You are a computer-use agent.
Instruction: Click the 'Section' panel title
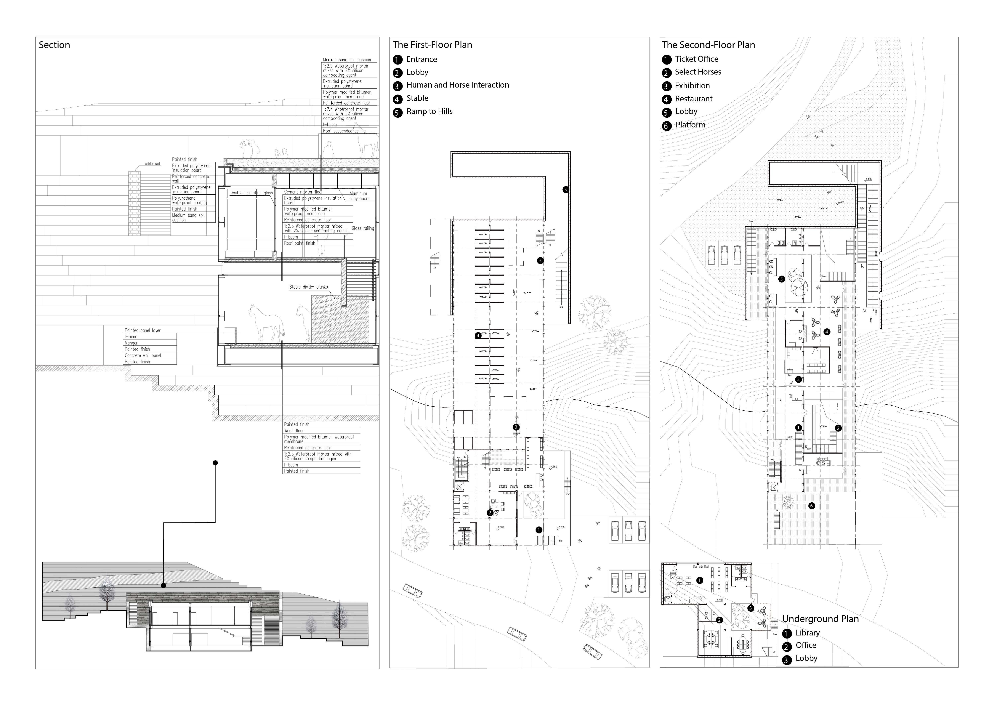coord(54,45)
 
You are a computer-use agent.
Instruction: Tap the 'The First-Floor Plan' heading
coord(432,45)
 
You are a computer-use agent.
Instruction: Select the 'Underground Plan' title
coord(820,619)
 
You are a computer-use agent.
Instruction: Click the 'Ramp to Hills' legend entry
coord(429,112)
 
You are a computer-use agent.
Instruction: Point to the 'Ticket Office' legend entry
coord(696,59)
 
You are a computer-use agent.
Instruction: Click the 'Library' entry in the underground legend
coord(807,633)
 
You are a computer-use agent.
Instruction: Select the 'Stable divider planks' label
coord(308,287)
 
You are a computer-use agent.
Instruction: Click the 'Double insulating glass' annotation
coord(251,193)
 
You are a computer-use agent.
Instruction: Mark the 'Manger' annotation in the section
coord(131,343)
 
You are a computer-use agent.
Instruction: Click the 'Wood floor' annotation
coord(294,431)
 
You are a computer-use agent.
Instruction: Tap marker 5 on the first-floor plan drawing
coord(565,190)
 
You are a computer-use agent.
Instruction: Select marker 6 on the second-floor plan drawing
coord(811,506)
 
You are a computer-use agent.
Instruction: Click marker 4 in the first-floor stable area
coord(478,335)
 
